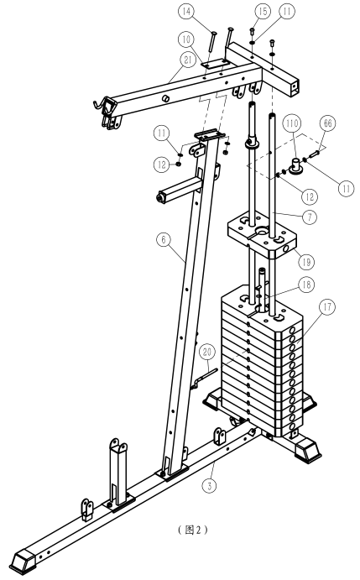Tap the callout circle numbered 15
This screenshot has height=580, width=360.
(x=263, y=12)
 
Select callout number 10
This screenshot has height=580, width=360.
(x=186, y=39)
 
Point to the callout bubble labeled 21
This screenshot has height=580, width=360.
(x=188, y=60)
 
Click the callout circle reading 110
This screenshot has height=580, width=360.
(x=292, y=123)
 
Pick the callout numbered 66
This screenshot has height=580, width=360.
(x=328, y=123)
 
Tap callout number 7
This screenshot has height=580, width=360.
(x=310, y=217)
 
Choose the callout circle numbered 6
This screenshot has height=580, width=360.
(x=164, y=240)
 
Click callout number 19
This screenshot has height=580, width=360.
(x=306, y=262)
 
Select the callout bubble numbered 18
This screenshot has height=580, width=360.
(x=306, y=285)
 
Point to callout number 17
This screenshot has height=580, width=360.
(x=328, y=307)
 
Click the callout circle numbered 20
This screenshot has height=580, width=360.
(x=207, y=352)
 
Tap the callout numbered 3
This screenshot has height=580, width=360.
(x=210, y=485)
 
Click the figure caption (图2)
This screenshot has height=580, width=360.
(x=192, y=530)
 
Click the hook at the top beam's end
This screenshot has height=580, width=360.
(x=99, y=105)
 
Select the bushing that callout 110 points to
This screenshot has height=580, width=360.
(x=296, y=165)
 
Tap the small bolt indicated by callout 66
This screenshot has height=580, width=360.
(x=314, y=154)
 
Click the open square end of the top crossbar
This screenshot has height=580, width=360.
(x=295, y=87)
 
